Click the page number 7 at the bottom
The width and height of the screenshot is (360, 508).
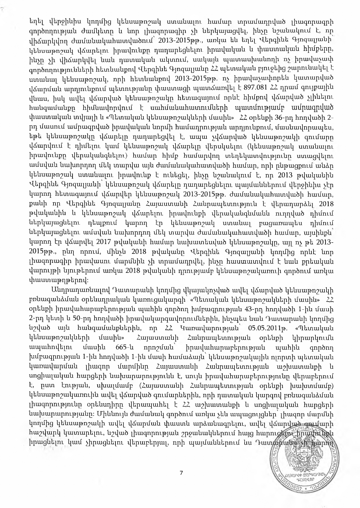point(181,473)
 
